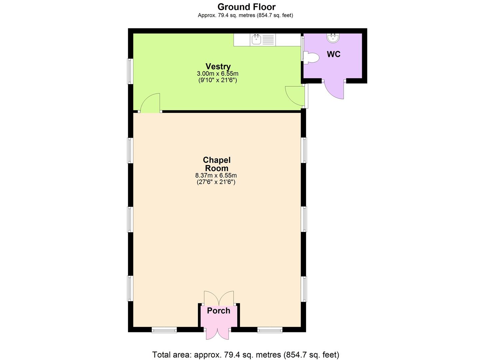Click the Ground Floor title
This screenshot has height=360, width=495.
246,7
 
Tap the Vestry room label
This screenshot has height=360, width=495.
218,66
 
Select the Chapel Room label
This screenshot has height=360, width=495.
217,164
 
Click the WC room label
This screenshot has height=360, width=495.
334,54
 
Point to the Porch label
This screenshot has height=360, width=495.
219,311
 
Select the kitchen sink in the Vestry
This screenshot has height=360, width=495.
256,40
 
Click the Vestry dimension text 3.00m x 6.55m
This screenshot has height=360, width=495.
218,74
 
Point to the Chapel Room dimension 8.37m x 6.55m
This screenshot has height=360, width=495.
216,175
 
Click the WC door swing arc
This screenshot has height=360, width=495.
334,90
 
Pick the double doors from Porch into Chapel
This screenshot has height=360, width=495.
219,297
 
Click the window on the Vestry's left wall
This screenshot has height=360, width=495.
130,71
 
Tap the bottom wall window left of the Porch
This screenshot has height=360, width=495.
164,330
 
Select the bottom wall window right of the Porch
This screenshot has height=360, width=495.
270,330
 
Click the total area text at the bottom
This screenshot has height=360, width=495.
246,355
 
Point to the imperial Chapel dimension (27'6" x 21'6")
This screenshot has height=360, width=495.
216,182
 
